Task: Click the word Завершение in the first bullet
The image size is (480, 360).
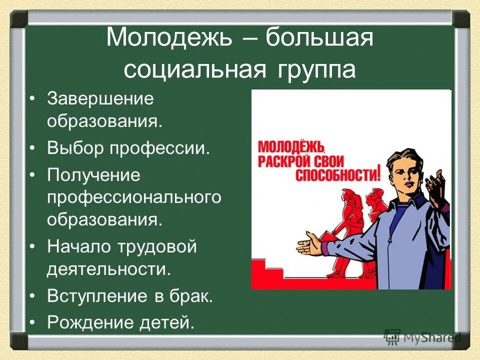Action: click(100, 98)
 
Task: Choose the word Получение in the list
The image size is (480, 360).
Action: click(93, 175)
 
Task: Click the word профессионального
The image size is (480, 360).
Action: click(134, 197)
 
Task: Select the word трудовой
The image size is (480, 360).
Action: click(157, 246)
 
